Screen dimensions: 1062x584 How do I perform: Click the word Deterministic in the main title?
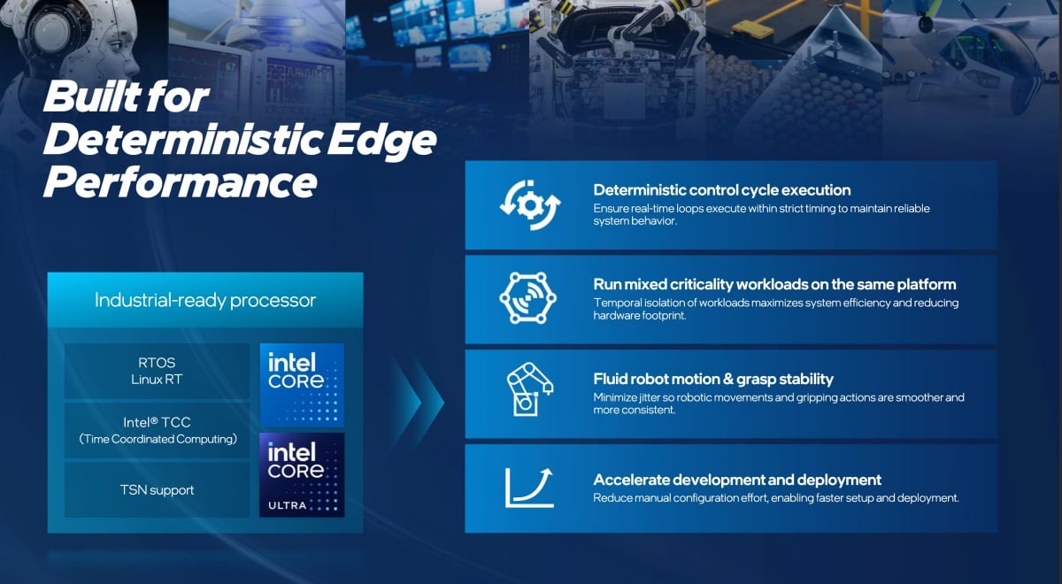182,140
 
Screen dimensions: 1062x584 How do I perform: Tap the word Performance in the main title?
180,182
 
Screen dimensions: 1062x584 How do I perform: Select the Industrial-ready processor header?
205,300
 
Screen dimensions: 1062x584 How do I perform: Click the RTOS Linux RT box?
157,371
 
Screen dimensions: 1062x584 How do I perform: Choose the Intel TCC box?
157,430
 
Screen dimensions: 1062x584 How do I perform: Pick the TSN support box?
157,489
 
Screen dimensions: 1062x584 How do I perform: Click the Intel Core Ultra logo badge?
302,475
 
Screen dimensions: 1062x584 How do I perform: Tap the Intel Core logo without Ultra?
302,385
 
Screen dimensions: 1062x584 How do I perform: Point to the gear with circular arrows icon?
530,204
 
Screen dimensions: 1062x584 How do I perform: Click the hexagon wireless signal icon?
527,298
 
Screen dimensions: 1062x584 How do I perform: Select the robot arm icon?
529,389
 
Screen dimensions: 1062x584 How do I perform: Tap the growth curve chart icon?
529,488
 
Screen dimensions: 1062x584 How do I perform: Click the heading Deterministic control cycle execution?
722,190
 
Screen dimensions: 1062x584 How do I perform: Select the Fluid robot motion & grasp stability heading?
713,380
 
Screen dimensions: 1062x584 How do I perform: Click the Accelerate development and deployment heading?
737,480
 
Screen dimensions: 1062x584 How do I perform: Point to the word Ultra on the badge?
288,505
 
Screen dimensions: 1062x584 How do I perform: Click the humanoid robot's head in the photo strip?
71,35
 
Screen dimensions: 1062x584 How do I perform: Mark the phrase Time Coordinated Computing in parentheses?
158,440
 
